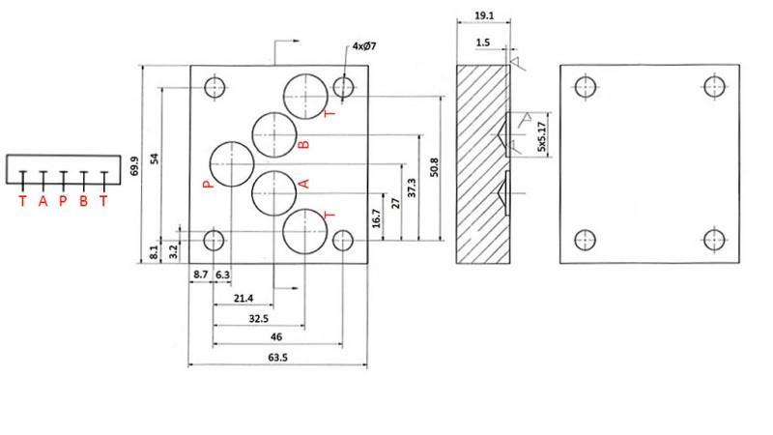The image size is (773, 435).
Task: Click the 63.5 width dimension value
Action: point(276,359)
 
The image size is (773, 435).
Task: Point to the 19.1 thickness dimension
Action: point(485,16)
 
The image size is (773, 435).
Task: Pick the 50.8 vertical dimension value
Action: point(435,165)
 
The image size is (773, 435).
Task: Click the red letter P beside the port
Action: point(207,183)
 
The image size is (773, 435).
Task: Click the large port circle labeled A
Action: point(274,190)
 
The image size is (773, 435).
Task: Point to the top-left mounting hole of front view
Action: point(215,88)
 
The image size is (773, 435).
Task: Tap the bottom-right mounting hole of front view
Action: point(343,240)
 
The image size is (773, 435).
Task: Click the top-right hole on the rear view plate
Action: point(715,87)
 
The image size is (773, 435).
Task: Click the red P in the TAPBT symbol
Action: point(63,201)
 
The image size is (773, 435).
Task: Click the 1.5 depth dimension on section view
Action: point(484,43)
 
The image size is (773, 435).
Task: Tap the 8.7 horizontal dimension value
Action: point(201,275)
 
